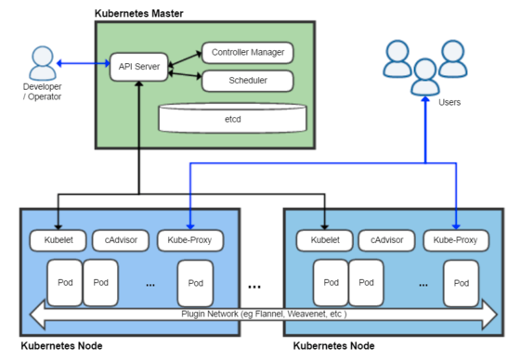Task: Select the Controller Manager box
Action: (247, 52)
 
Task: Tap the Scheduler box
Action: (247, 81)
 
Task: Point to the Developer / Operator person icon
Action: (43, 63)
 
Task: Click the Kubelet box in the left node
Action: (58, 240)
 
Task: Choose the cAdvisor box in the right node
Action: (386, 240)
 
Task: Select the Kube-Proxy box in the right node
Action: (456, 240)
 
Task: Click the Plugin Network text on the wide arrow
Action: (264, 315)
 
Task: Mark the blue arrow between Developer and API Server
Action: (84, 64)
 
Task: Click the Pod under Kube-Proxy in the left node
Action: (195, 283)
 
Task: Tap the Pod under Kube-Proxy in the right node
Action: (462, 283)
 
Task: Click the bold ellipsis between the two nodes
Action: (261, 284)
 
